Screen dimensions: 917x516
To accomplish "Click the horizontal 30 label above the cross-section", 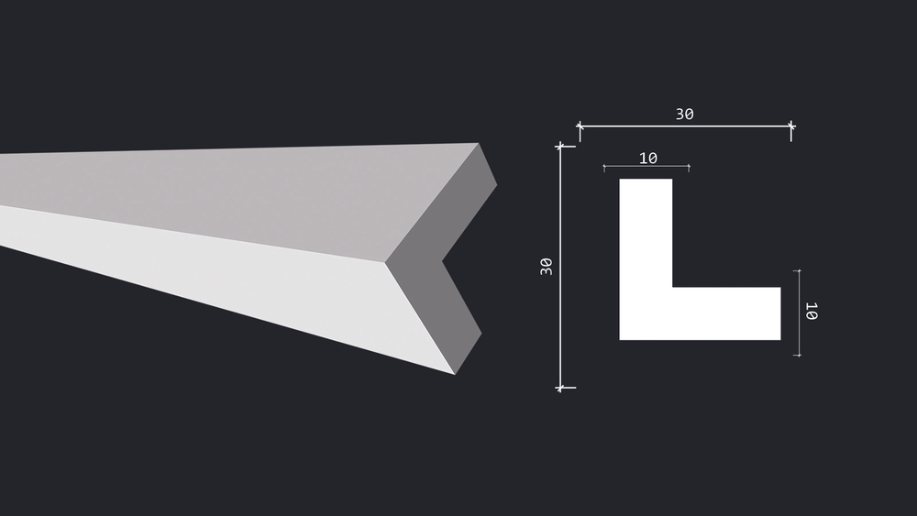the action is coord(685,114).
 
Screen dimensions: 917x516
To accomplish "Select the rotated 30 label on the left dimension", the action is coord(547,267).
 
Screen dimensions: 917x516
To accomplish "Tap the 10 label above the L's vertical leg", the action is coord(648,159).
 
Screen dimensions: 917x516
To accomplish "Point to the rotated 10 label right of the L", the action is coord(812,311).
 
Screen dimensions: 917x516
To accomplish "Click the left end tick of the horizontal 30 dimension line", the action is coord(580,126).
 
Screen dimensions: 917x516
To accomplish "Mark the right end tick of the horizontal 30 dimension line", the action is coord(791,126).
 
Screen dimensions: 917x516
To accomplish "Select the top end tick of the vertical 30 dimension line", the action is coord(560,146).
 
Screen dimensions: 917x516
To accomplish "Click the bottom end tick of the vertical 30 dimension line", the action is coord(560,388).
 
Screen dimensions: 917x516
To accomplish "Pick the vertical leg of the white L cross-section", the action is coord(646,233).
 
